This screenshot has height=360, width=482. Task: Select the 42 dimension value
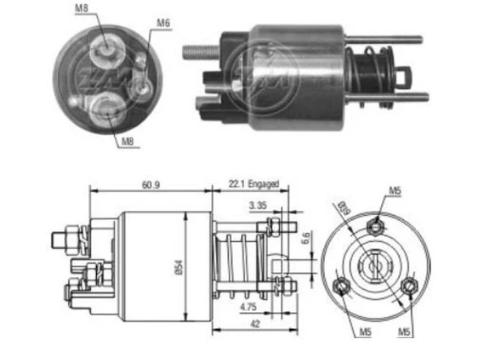tap(254, 323)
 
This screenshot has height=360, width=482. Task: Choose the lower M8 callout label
tap(128, 143)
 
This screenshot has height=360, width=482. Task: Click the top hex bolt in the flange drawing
tap(379, 226)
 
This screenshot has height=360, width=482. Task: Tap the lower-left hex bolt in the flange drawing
tap(343, 286)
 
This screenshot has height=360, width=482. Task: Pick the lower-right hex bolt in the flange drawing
tap(413, 286)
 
